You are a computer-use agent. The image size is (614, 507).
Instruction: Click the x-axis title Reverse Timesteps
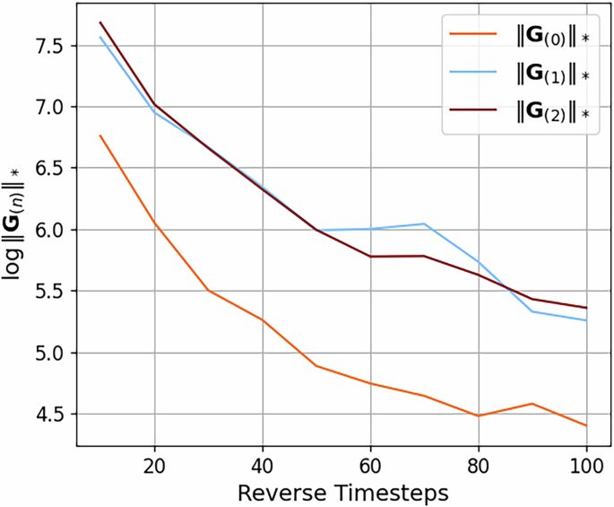point(344,493)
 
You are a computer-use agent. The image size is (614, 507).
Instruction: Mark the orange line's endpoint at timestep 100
point(586,425)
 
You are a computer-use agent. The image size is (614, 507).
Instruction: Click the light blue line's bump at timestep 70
point(425,224)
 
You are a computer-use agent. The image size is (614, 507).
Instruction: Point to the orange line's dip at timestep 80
point(479,416)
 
